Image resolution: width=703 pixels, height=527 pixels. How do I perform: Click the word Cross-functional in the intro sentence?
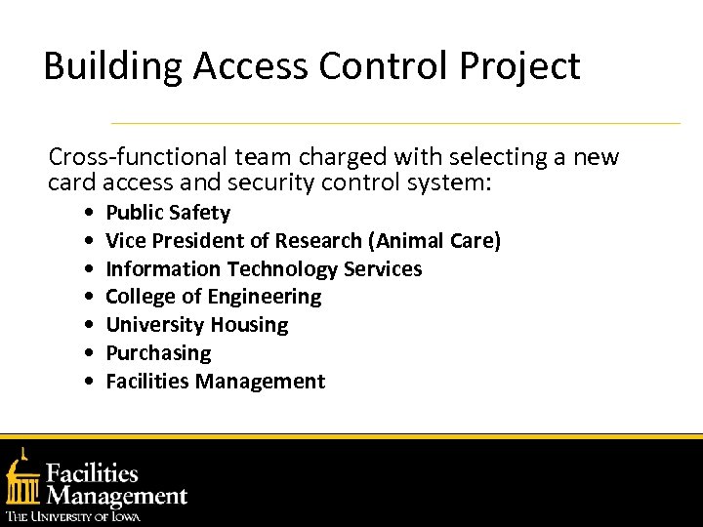[130, 157]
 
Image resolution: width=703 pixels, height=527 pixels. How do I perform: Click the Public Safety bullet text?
[168, 213]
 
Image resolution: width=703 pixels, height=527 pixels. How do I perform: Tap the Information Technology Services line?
[264, 268]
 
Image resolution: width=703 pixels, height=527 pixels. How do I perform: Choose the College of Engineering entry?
[213, 297]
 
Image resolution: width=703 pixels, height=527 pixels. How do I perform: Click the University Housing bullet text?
[196, 325]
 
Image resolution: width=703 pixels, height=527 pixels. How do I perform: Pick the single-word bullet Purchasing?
[158, 353]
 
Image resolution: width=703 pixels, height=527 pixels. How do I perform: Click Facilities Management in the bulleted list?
[215, 382]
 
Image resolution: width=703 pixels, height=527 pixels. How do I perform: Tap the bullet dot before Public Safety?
[90, 214]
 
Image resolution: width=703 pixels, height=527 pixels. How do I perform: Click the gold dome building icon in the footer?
[23, 477]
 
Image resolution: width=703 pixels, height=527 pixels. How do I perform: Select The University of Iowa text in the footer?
[73, 516]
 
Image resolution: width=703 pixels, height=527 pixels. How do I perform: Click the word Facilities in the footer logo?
[94, 475]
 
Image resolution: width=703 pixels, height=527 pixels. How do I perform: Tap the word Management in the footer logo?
[117, 496]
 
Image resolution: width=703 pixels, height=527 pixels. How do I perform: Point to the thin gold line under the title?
[395, 124]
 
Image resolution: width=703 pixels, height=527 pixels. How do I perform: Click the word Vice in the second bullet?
[123, 240]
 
